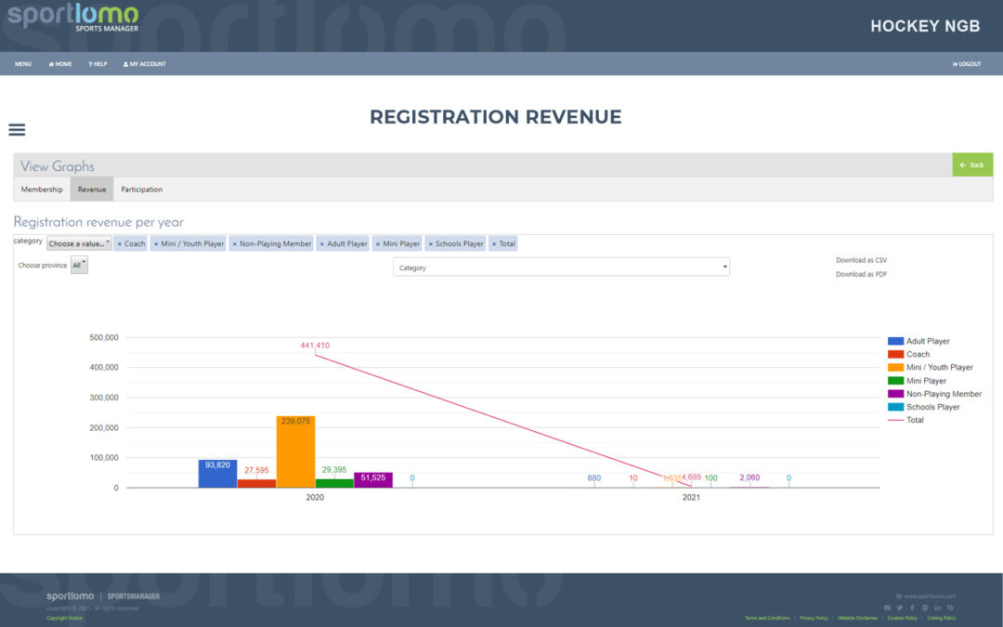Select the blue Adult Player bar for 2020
click(217, 475)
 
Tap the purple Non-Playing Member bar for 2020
click(373, 480)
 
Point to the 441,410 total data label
click(315, 346)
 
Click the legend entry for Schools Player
click(932, 407)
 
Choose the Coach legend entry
click(918, 354)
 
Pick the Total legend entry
click(915, 420)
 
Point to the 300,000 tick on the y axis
click(103, 398)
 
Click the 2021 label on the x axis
click(691, 498)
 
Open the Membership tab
click(42, 189)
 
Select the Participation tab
click(141, 189)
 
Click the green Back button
click(972, 165)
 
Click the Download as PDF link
click(861, 274)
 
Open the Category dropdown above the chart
click(561, 268)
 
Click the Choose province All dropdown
click(79, 266)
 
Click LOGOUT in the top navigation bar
click(967, 64)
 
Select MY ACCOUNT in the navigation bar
click(145, 64)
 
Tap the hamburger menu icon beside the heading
click(17, 130)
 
